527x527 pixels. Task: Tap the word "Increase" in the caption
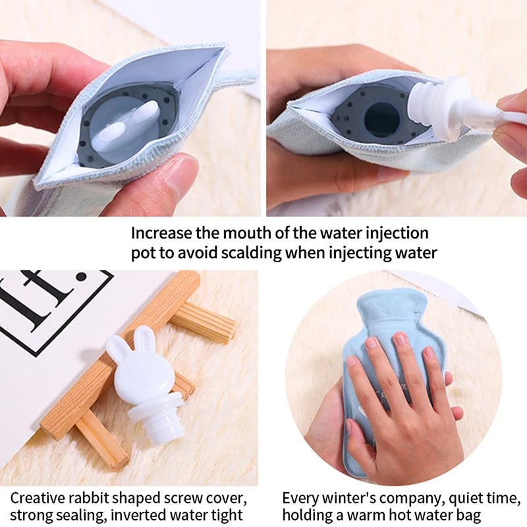161,233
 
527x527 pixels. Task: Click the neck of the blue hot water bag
389,309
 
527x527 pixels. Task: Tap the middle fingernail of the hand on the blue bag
401,339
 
